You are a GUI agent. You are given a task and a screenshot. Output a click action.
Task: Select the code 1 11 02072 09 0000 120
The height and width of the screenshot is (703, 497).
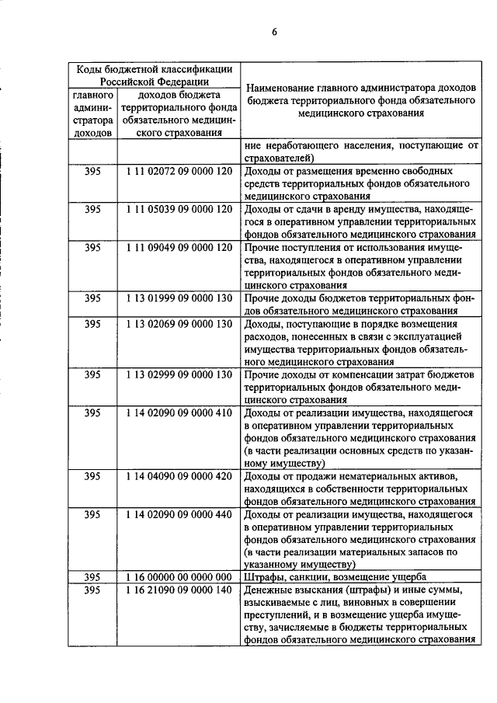click(x=179, y=171)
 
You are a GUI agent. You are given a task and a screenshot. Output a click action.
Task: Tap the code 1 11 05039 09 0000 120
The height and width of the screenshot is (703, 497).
click(x=179, y=209)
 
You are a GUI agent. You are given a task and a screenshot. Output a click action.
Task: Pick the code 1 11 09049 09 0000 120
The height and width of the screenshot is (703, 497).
click(x=179, y=247)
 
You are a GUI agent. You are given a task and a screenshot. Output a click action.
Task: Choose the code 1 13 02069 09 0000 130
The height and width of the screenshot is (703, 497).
click(x=179, y=323)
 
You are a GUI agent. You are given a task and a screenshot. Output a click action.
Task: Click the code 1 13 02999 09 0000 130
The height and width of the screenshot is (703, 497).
click(x=179, y=374)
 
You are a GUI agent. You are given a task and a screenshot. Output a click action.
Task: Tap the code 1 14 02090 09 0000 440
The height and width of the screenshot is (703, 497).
click(x=179, y=514)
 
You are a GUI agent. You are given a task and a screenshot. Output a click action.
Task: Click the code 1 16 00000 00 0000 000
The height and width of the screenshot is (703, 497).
click(x=179, y=577)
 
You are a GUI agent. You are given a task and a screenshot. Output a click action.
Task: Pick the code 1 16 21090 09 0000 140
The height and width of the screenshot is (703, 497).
click(x=179, y=590)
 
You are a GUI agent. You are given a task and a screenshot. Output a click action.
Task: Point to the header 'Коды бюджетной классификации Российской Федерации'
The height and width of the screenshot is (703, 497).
click(x=153, y=75)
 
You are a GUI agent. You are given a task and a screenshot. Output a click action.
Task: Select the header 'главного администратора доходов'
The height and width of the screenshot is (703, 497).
click(x=93, y=114)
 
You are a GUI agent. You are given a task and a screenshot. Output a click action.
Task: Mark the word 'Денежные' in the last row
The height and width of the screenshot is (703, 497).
click(x=268, y=590)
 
